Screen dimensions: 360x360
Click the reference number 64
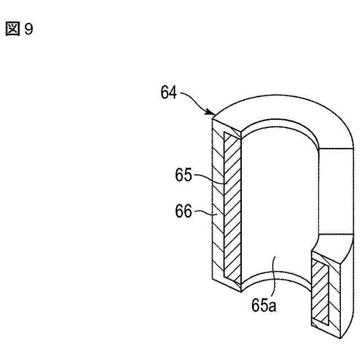(x=169, y=92)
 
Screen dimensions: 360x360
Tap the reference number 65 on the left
(x=183, y=175)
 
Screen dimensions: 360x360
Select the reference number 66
(x=183, y=211)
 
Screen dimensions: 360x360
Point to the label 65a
(x=264, y=305)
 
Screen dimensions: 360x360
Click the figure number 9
(x=29, y=29)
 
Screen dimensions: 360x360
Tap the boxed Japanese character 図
(x=12, y=29)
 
